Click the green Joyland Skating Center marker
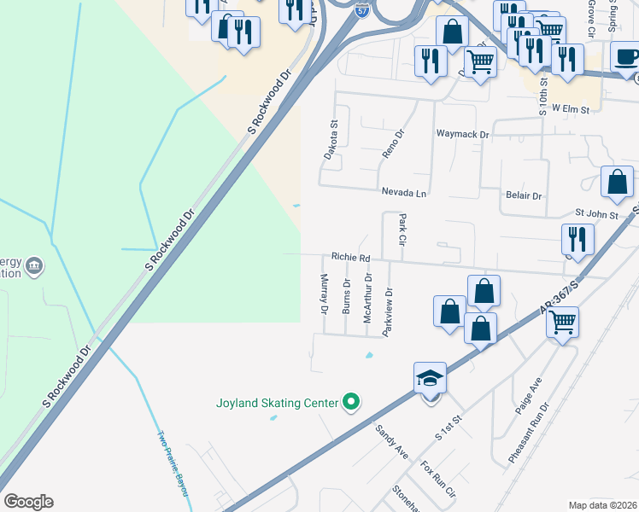[350, 401]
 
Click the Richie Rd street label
[351, 257]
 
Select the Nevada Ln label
[403, 194]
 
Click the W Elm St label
[572, 108]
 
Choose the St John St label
[596, 215]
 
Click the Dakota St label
[331, 139]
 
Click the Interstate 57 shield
[362, 10]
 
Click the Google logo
[29, 501]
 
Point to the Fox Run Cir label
[438, 480]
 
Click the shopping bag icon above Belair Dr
[617, 181]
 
